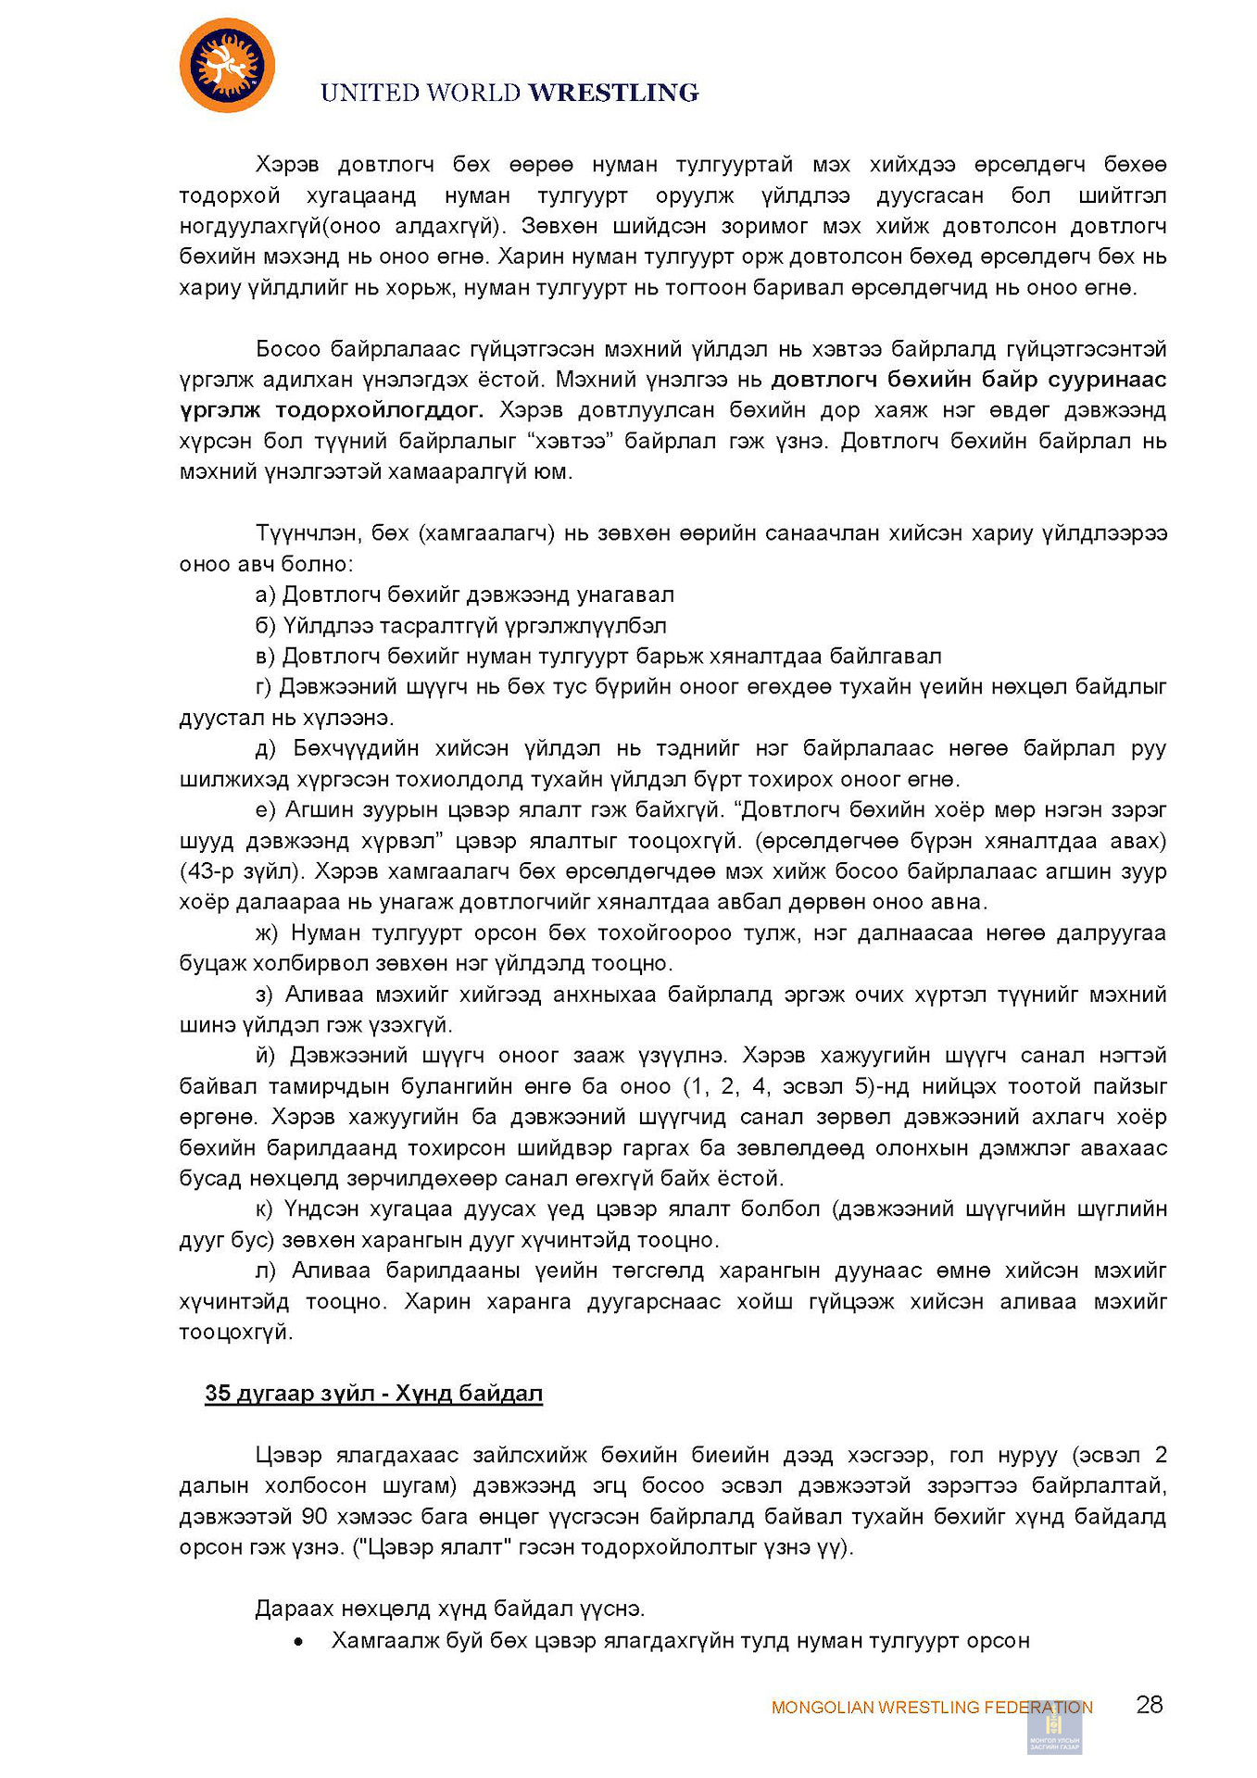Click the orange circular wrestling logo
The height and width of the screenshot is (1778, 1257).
(x=227, y=66)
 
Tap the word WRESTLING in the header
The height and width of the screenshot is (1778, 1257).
(x=613, y=93)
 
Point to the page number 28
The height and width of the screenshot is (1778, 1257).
(x=1149, y=1705)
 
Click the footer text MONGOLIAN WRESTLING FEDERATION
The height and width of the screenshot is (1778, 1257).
(x=931, y=1707)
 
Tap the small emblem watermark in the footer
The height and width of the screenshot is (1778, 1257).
(x=1054, y=1727)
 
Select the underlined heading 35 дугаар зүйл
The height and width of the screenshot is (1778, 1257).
(x=373, y=1394)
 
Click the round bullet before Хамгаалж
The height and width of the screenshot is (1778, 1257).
(x=298, y=1642)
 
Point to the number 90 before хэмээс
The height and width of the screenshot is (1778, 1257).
(x=315, y=1517)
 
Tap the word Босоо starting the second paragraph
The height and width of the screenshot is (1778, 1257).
(x=287, y=349)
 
